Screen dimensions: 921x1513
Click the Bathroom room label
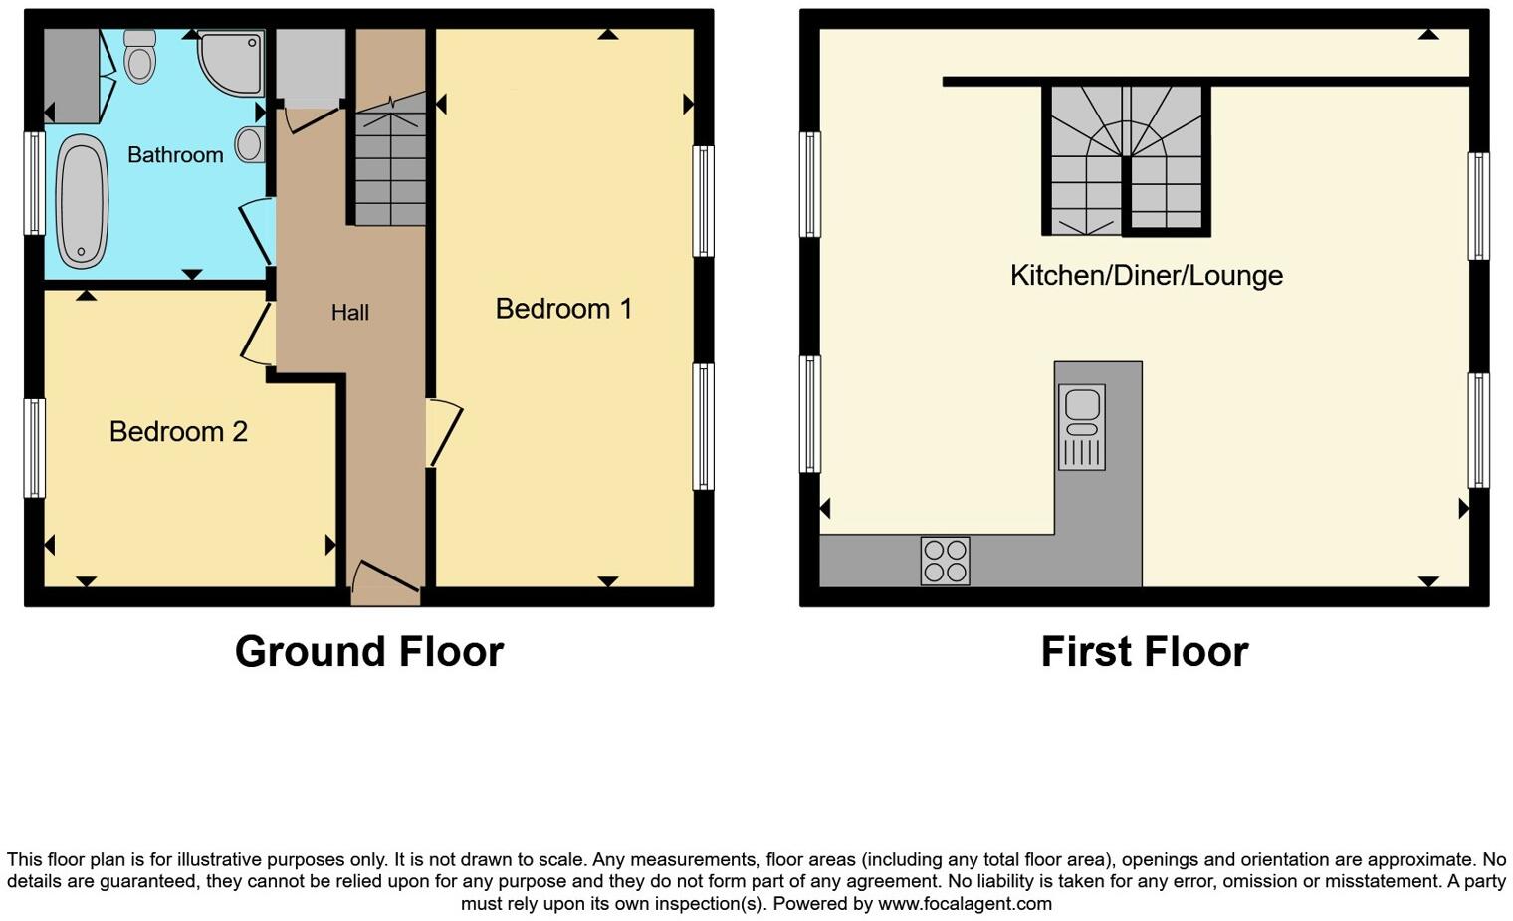pos(175,155)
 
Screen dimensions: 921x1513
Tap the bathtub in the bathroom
pos(82,202)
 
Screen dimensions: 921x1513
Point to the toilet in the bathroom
pos(140,55)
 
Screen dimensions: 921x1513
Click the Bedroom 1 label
pos(563,309)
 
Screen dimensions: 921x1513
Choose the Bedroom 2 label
pos(178,431)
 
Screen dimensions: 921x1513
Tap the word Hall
pos(349,313)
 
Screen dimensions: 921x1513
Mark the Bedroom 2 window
pos(34,448)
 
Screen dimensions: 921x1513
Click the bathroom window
pos(34,183)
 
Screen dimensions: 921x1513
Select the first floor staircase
pos(1126,159)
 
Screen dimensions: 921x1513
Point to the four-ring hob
pos(945,561)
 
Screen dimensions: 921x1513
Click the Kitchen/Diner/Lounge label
pos(1146,276)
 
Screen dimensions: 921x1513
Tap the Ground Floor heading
pos(369,652)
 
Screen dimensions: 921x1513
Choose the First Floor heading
pos(1144,652)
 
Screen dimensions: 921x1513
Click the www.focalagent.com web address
pos(964,904)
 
